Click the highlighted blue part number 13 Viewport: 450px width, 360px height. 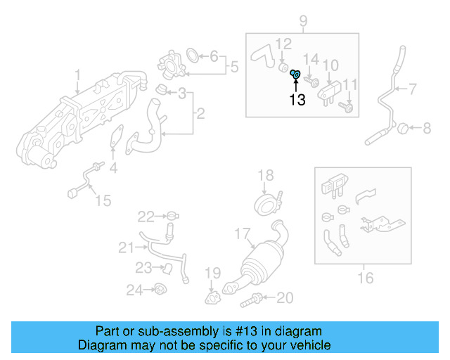click(296, 74)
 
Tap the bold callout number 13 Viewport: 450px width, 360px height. click(297, 100)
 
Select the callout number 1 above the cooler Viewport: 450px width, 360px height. click(78, 74)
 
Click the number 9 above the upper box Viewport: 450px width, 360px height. click(303, 21)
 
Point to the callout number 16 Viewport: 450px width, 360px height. click(365, 278)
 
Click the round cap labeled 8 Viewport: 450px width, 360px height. click(404, 127)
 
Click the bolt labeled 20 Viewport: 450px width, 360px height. click(250, 302)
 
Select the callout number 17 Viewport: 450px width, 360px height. click(242, 232)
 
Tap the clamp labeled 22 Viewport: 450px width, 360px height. click(172, 215)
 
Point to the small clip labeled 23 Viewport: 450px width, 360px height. click(166, 268)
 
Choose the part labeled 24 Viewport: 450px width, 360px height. click(160, 288)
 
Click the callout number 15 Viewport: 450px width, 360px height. click(103, 201)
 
